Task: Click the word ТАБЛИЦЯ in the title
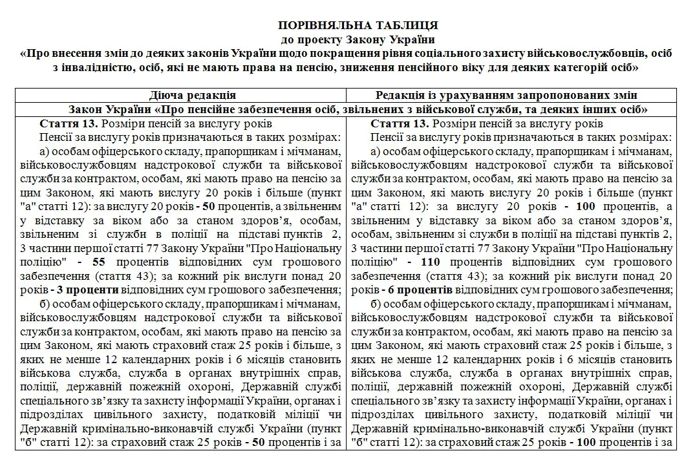[405, 25]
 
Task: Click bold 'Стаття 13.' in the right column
[396, 123]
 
